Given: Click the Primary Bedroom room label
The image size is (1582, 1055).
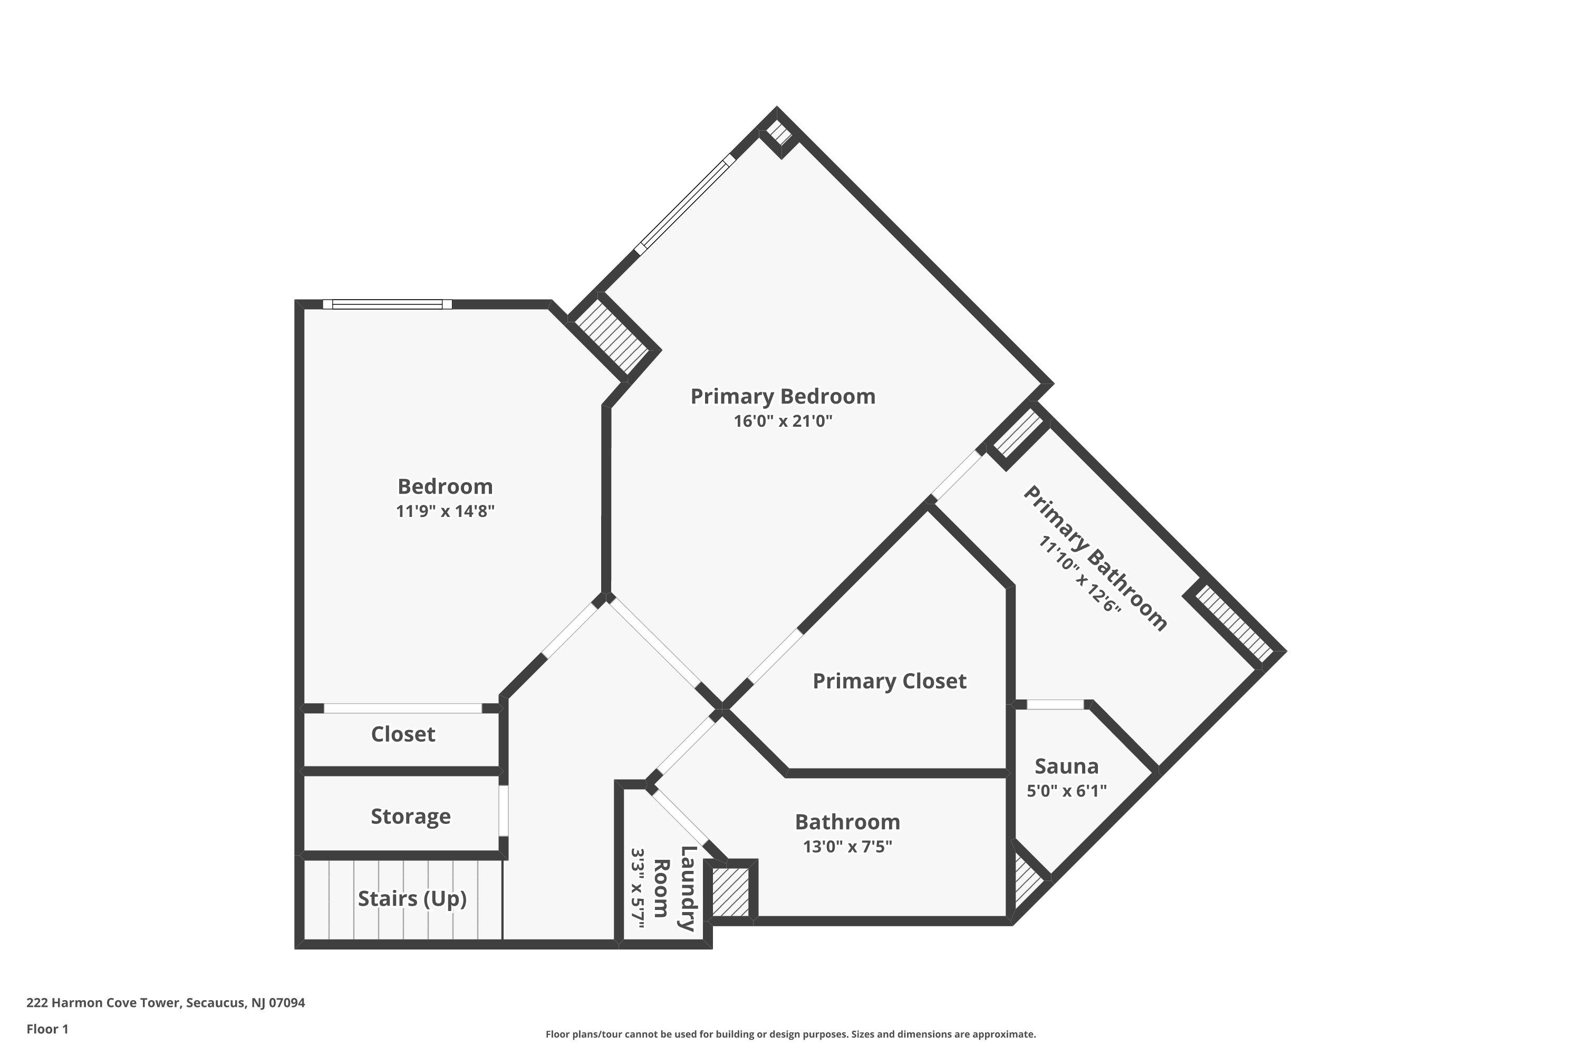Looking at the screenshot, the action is click(x=783, y=396).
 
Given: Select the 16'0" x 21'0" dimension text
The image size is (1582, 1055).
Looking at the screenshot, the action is click(x=783, y=421).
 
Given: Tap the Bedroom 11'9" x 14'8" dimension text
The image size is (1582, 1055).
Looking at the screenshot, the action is click(x=445, y=511).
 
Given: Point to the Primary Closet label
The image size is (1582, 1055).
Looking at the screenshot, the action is click(x=889, y=681).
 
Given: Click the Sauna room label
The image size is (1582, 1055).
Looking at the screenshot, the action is click(x=1067, y=766).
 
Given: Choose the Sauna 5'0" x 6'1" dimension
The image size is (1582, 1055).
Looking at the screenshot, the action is click(x=1067, y=791).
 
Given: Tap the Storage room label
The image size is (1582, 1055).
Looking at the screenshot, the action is click(x=411, y=816).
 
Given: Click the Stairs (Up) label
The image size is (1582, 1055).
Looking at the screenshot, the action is click(x=412, y=899).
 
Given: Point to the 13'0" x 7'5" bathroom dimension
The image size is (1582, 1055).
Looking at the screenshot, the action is click(x=847, y=847).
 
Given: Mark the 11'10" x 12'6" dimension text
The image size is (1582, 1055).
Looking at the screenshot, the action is click(x=1079, y=574).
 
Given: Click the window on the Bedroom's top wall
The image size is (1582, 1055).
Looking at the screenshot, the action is click(x=388, y=304).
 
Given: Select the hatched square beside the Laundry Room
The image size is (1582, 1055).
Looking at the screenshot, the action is click(x=730, y=892).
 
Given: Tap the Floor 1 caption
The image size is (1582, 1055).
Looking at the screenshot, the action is click(x=47, y=1028).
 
